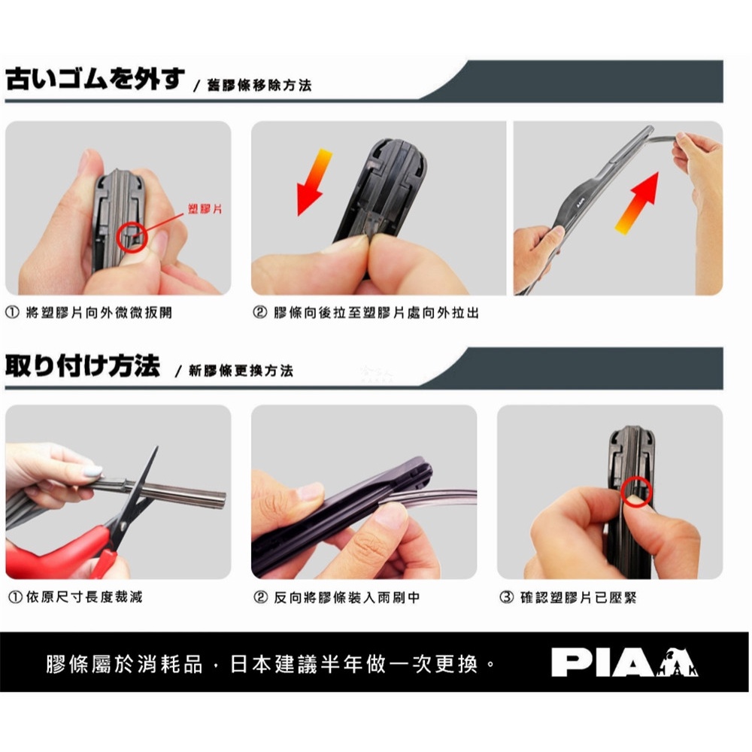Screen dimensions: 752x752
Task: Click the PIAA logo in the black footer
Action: pyautogui.click(x=624, y=663)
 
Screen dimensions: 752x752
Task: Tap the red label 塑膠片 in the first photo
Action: pyautogui.click(x=205, y=209)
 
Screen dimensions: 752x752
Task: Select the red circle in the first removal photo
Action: pyautogui.click(x=132, y=236)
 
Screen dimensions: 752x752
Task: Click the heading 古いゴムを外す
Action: pyautogui.click(x=95, y=79)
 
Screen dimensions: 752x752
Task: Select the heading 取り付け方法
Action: pyautogui.click(x=83, y=366)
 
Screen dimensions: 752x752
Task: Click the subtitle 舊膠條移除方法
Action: pyautogui.click(x=259, y=86)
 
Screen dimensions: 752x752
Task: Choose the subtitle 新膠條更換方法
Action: pyautogui.click(x=241, y=371)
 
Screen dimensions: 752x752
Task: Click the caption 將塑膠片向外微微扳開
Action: pyautogui.click(x=99, y=313)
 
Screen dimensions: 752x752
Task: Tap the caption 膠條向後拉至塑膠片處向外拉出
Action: pyautogui.click(x=377, y=313)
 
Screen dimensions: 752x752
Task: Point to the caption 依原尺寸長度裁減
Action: pyautogui.click(x=84, y=597)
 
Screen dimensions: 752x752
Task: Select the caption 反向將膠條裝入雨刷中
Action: pyautogui.click(x=347, y=598)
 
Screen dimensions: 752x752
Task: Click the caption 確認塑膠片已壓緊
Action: pyautogui.click(x=578, y=598)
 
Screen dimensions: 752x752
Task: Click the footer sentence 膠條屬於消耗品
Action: pyautogui.click(x=125, y=664)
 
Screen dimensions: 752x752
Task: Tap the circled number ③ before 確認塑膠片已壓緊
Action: pyautogui.click(x=506, y=598)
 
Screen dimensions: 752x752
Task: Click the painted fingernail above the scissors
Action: pyautogui.click(x=92, y=472)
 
